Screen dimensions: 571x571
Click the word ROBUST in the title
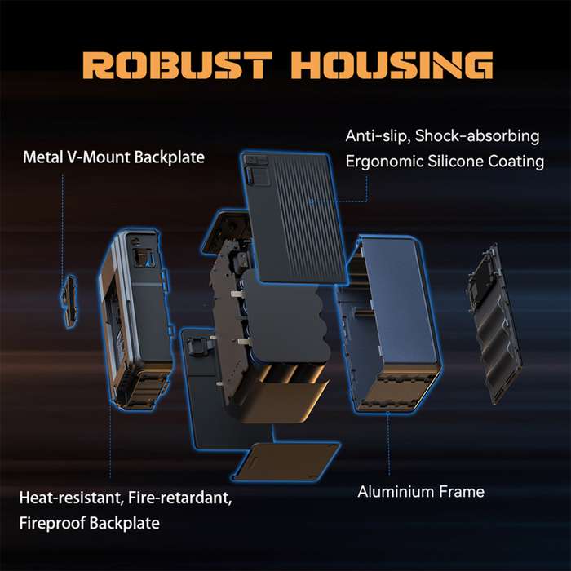(x=179, y=66)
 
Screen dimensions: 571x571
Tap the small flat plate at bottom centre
(x=285, y=462)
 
